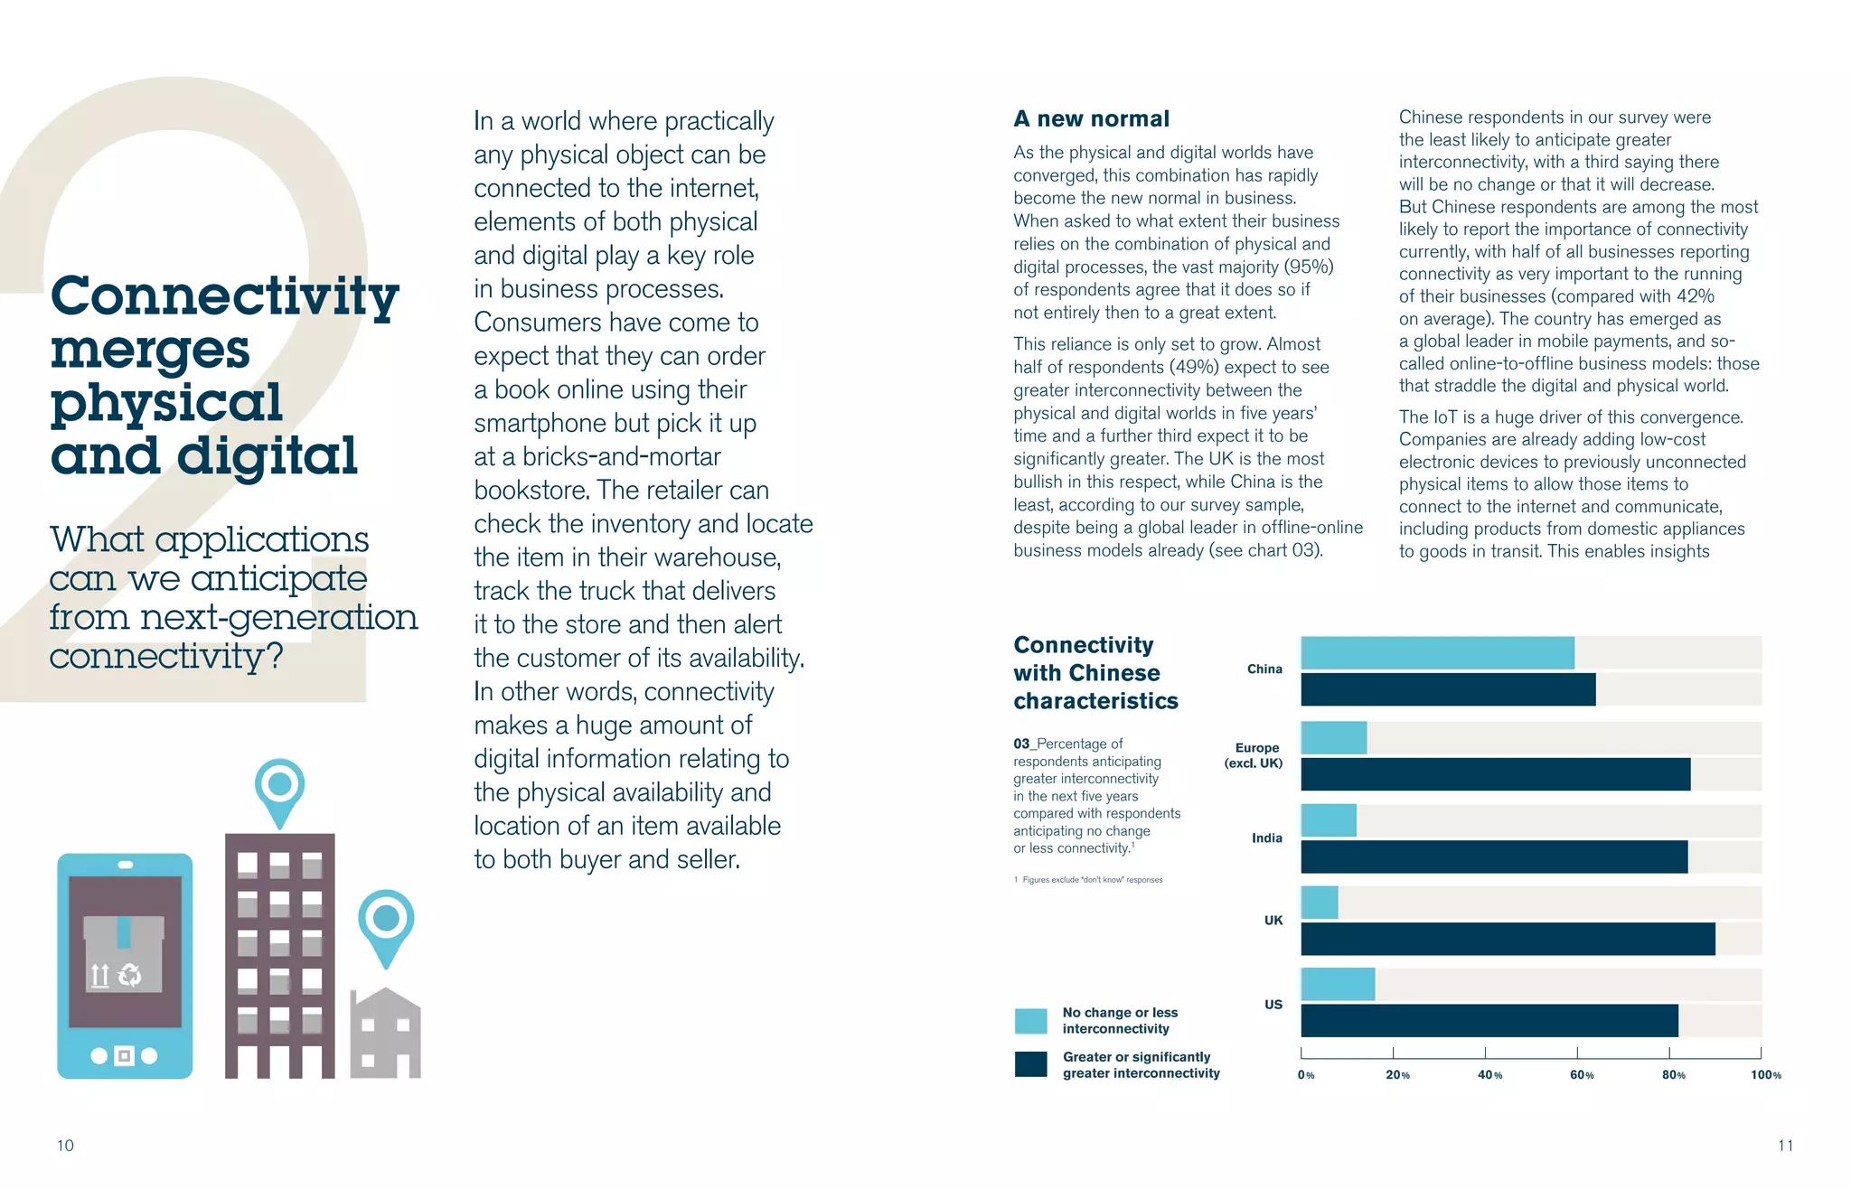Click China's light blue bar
pyautogui.click(x=1437, y=652)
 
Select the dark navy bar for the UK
pyautogui.click(x=1508, y=939)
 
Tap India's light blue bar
pyautogui.click(x=1329, y=820)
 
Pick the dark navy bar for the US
pyautogui.click(x=1489, y=1020)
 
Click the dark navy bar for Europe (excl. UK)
pyautogui.click(x=1496, y=774)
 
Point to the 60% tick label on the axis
pyautogui.click(x=1582, y=1074)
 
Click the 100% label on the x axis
pyautogui.click(x=1765, y=1074)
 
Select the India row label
pyautogui.click(x=1266, y=838)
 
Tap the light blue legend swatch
pyautogui.click(x=1030, y=1021)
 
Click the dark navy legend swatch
pyautogui.click(x=1030, y=1064)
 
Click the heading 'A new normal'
pyautogui.click(x=1091, y=118)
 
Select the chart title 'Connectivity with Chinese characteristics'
pyautogui.click(x=1095, y=672)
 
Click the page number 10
pyautogui.click(x=65, y=1146)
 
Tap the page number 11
pyautogui.click(x=1785, y=1146)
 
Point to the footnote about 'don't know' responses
pyautogui.click(x=1088, y=879)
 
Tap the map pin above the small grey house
pyautogui.click(x=386, y=922)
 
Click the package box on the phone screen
pyautogui.click(x=124, y=953)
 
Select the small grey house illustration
pyautogui.click(x=386, y=1035)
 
